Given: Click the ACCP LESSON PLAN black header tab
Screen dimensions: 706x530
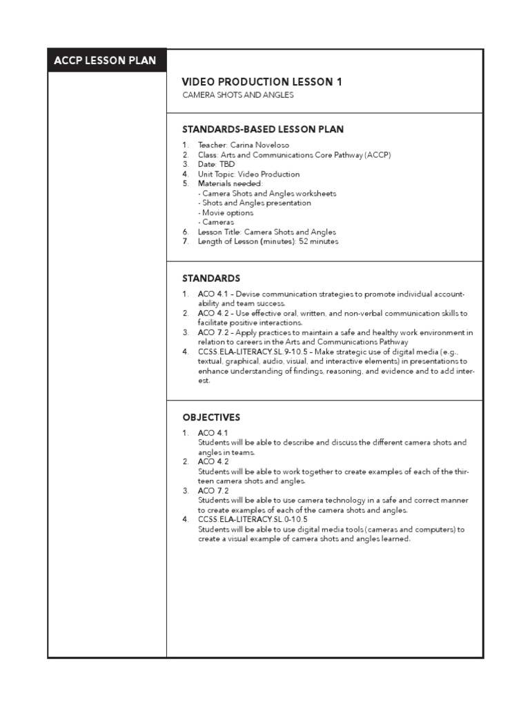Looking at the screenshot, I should [106, 61].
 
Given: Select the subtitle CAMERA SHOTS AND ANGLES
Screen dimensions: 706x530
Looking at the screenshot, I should [238, 95].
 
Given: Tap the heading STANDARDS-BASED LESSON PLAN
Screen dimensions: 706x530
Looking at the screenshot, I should [263, 129].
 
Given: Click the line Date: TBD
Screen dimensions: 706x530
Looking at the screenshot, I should [217, 165].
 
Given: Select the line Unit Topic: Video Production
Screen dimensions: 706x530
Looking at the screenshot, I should [248, 174].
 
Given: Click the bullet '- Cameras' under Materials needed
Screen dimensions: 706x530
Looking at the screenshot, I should [215, 223].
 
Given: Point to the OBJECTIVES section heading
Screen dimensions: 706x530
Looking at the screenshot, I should [211, 417].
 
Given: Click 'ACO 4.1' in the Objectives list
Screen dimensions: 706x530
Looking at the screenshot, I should [213, 432].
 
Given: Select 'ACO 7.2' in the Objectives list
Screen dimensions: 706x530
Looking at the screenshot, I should [213, 491].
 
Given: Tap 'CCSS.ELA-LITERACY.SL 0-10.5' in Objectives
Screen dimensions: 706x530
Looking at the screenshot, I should [253, 520].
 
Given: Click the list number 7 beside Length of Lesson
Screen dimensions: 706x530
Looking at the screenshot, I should [185, 242].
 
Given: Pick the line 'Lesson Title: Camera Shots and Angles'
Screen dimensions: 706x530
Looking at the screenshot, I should [266, 232].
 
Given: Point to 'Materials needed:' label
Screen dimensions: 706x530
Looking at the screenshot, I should [230, 184].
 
